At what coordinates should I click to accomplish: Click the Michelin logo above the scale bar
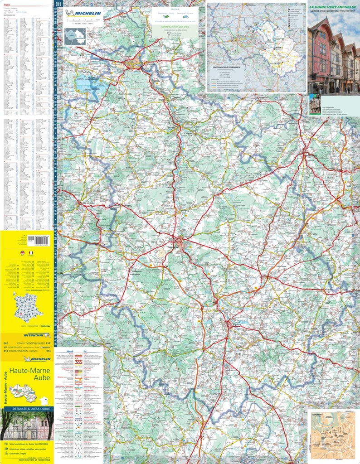tap(84, 14)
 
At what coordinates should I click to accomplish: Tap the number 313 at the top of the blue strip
tap(58, 4)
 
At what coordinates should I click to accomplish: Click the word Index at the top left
tap(6, 5)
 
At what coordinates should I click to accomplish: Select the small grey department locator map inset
tap(74, 36)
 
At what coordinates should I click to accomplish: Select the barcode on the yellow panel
tap(41, 240)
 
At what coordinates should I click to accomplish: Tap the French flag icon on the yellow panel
tap(31, 253)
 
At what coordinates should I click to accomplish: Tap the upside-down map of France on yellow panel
tap(28, 304)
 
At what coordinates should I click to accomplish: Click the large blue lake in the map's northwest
tap(87, 83)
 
